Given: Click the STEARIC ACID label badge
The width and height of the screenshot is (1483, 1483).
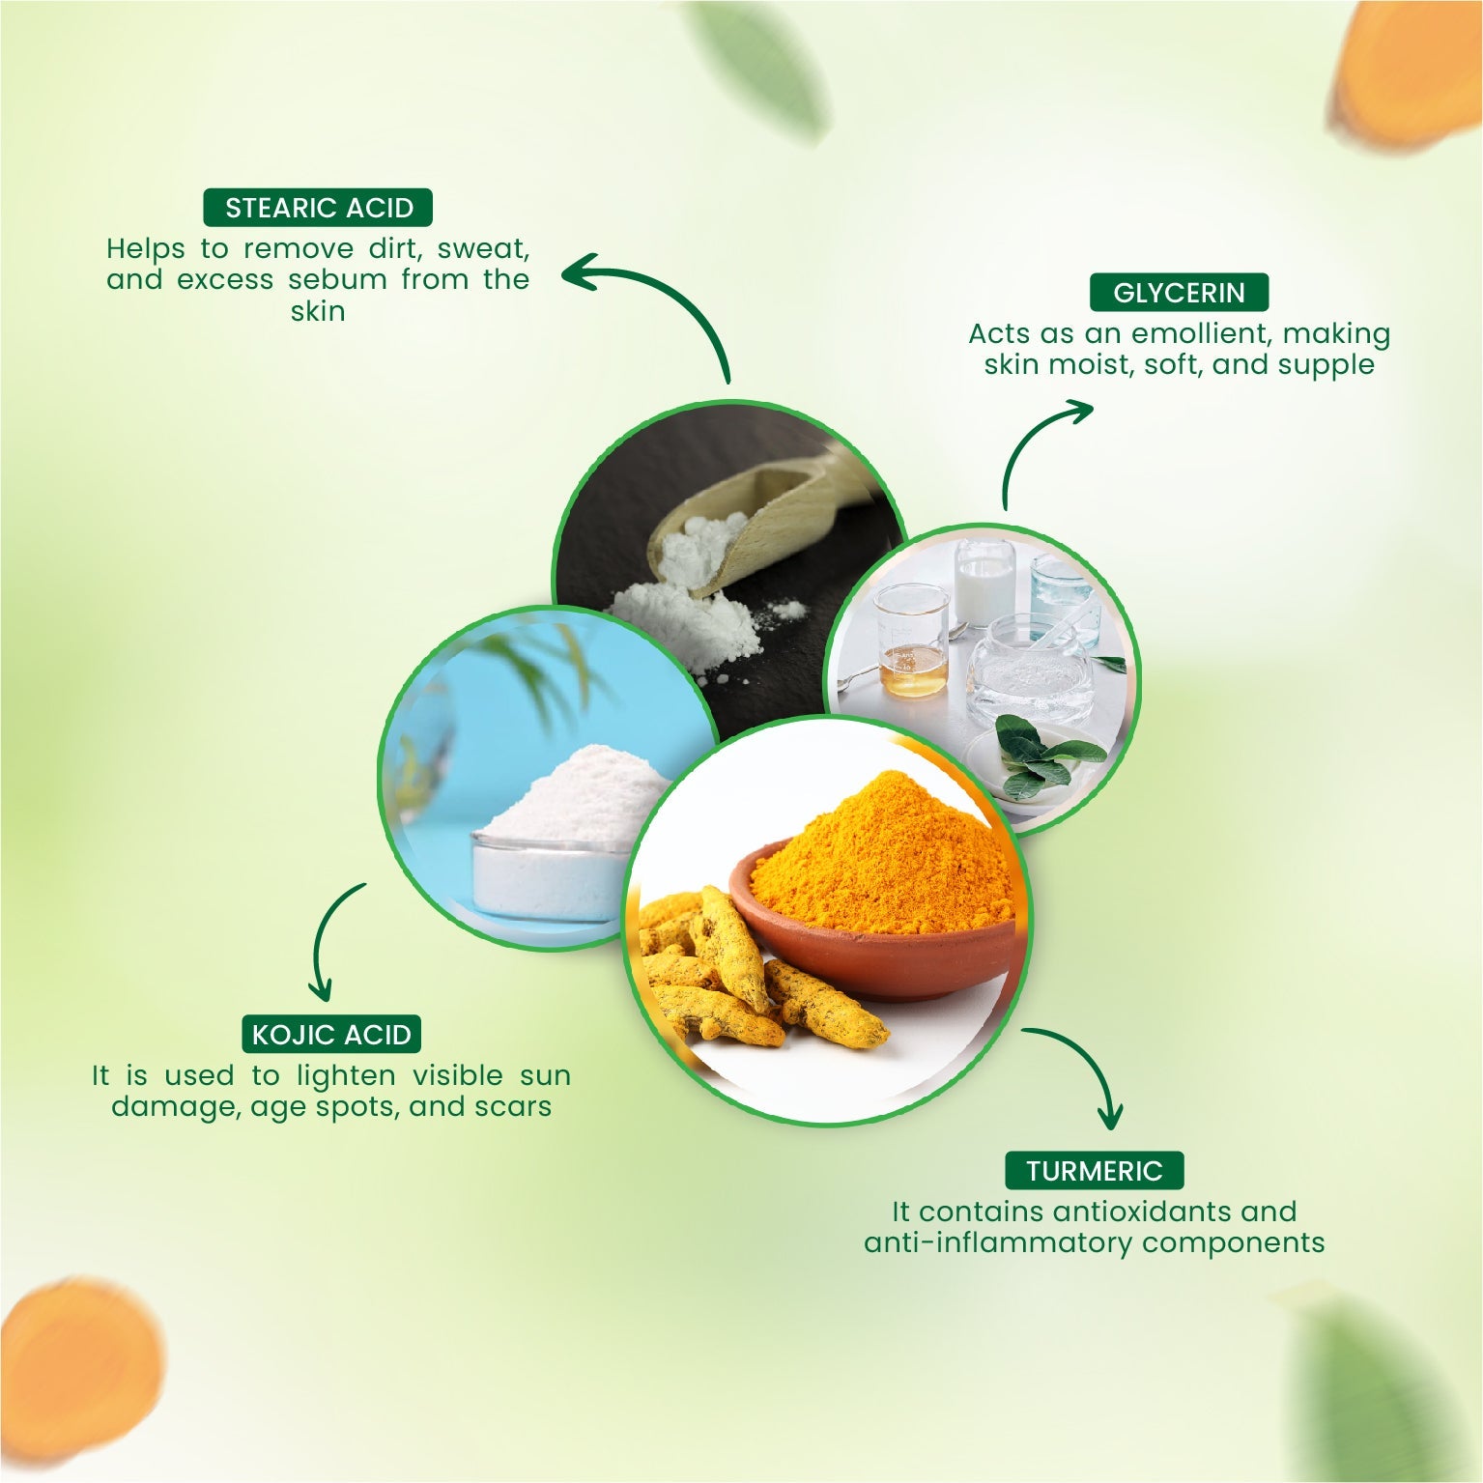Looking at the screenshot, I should (318, 208).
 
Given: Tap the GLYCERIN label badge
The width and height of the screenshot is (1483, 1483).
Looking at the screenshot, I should (1179, 293).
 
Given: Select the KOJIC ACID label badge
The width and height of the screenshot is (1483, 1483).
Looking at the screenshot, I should (331, 1035).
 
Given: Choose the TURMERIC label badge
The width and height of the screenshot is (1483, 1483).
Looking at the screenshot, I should (1094, 1171).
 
